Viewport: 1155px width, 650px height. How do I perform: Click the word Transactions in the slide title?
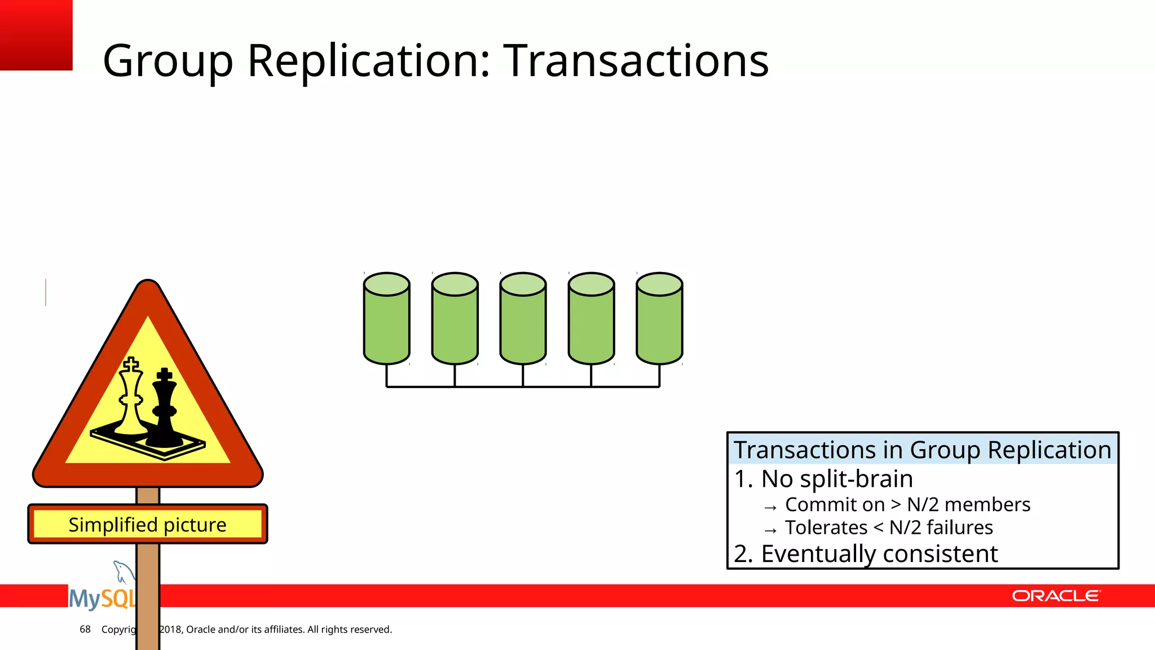[x=636, y=61]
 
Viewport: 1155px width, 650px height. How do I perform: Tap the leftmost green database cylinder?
[x=386, y=319]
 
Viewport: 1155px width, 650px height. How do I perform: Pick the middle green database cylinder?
[x=523, y=319]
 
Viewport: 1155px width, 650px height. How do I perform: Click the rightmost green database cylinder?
[x=659, y=319]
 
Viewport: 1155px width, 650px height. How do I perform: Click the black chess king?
[x=164, y=409]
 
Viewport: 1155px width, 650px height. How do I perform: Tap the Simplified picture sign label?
[x=147, y=525]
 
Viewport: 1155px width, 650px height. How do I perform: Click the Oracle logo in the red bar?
[x=1055, y=596]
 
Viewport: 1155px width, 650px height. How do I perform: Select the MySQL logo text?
[x=102, y=599]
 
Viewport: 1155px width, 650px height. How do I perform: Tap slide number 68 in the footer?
[x=85, y=629]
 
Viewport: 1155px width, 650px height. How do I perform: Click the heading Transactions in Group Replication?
[x=922, y=450]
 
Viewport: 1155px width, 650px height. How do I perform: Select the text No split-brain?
[x=836, y=479]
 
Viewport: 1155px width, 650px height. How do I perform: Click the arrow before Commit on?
[x=770, y=507]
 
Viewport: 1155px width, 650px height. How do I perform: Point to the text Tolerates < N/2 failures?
[x=888, y=528]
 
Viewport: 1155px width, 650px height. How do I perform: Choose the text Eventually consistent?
[x=879, y=554]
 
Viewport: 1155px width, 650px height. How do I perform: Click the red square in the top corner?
[x=36, y=34]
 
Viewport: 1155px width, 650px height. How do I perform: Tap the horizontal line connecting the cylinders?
[x=523, y=387]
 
